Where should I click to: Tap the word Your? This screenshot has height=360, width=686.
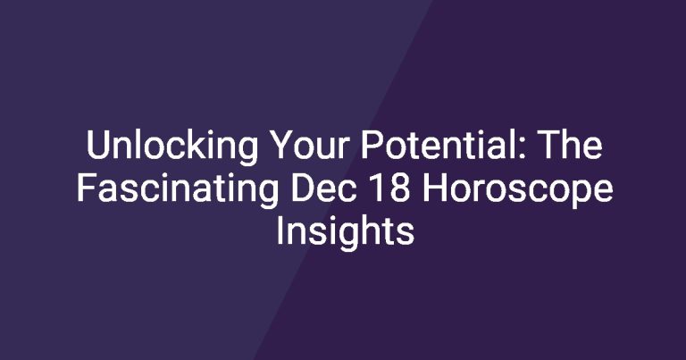pyautogui.click(x=309, y=145)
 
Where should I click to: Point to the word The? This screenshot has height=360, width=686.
pyautogui.click(x=571, y=145)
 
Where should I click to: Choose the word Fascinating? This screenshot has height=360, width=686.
pyautogui.click(x=178, y=189)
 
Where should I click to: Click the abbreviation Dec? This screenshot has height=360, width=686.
pyautogui.click(x=322, y=188)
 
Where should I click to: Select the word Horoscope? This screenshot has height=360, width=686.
pyautogui.click(x=517, y=189)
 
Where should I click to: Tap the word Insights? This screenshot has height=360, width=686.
pyautogui.click(x=345, y=232)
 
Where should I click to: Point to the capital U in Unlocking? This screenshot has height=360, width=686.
pyautogui.click(x=98, y=145)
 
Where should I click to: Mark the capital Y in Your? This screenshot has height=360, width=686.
pyautogui.click(x=280, y=145)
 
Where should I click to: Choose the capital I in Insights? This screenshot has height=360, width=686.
pyautogui.click(x=279, y=230)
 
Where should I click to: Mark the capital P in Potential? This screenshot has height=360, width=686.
pyautogui.click(x=372, y=145)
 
